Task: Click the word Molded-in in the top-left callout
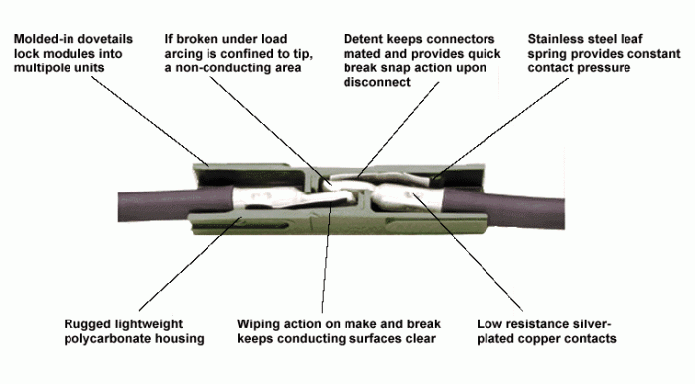click(x=42, y=38)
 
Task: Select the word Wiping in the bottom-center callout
click(x=258, y=324)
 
